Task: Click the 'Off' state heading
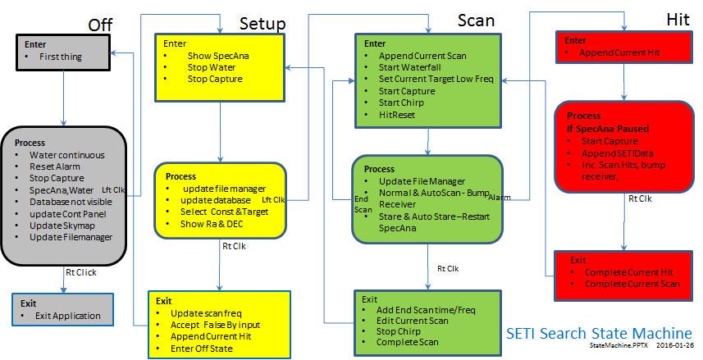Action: coord(100,25)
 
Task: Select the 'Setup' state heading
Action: coord(262,23)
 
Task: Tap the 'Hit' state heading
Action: coord(678,20)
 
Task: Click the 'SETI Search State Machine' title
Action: coord(599,333)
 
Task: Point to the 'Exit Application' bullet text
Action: coord(68,316)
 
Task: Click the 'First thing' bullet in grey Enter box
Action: coord(61,57)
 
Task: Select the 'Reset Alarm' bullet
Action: coord(55,166)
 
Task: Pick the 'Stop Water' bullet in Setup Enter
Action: coord(212,67)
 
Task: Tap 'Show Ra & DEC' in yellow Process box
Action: coord(212,224)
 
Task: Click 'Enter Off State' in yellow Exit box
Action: coord(201,349)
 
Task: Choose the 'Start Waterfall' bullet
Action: coord(410,67)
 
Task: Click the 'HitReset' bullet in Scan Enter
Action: coord(397,115)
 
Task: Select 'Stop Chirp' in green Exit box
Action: coord(398,331)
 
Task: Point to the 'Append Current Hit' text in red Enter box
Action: coord(619,52)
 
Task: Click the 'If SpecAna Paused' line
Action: coord(608,129)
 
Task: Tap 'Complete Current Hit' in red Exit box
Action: coord(628,272)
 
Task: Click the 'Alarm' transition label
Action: coord(500,198)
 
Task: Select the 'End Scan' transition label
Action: coord(363,204)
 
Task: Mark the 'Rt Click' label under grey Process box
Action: coord(81,272)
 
